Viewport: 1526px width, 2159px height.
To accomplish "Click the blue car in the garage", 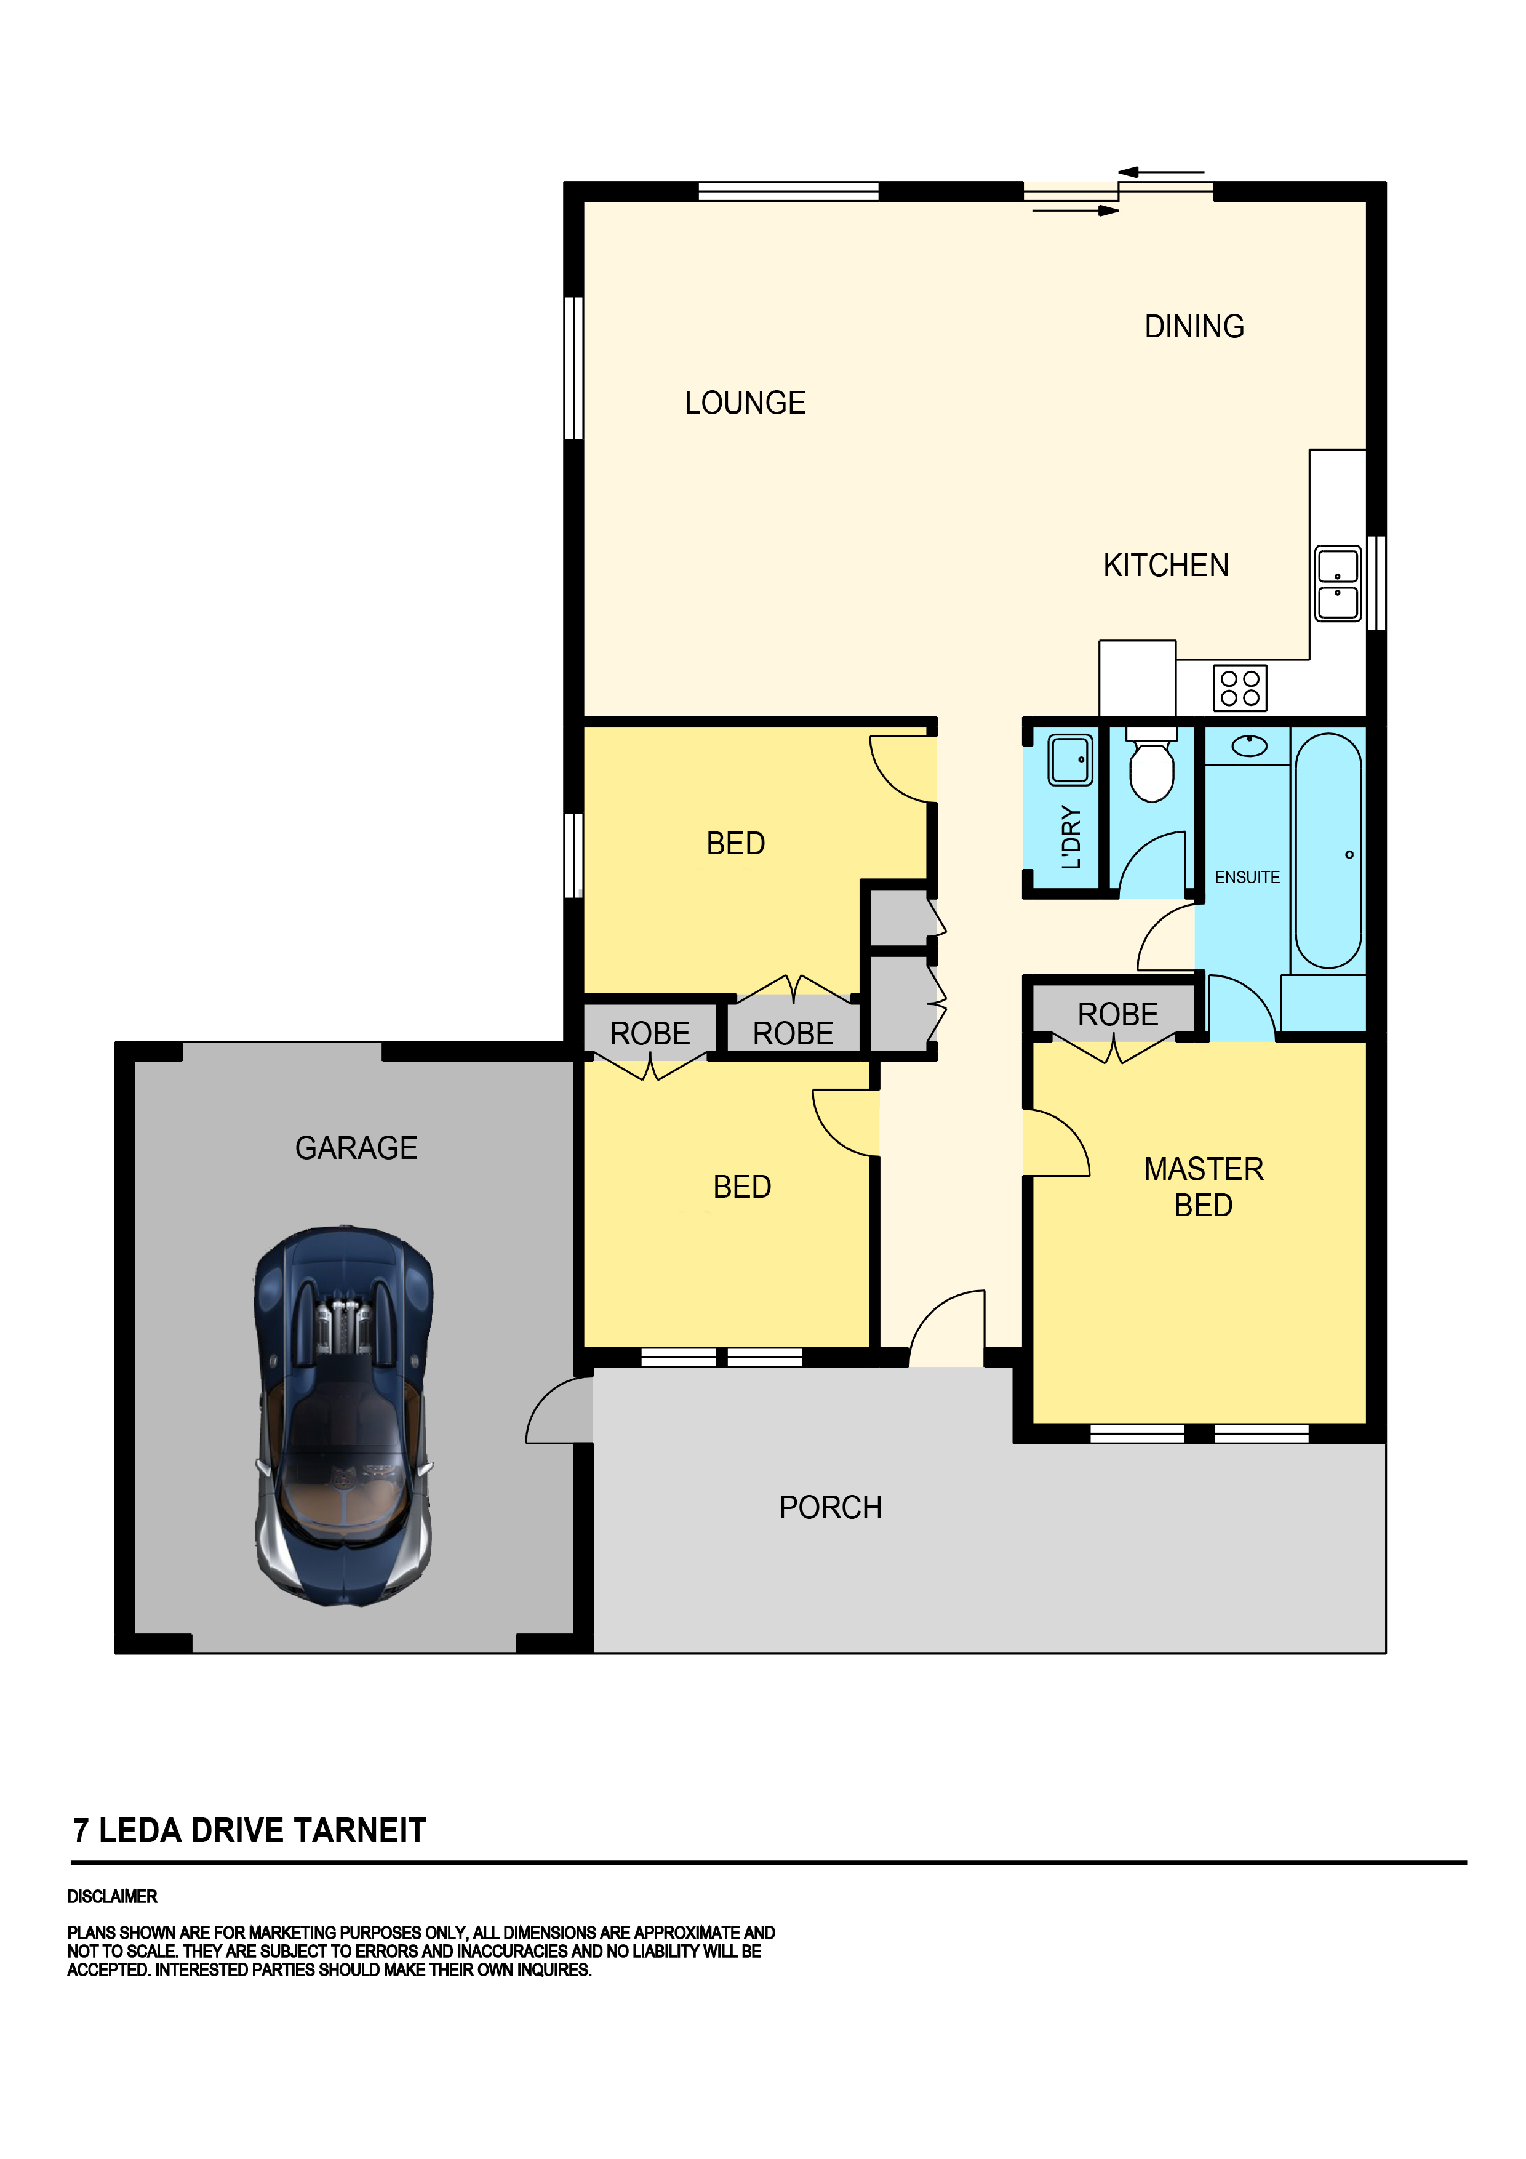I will point(343,1415).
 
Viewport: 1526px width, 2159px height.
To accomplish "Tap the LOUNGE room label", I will point(745,403).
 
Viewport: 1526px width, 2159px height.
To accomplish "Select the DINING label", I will point(1194,326).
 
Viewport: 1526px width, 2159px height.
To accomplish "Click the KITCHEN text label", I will point(1166,565).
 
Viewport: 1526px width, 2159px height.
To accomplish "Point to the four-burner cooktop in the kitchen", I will point(1240,687).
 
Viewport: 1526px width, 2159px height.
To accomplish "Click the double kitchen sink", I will point(1337,583).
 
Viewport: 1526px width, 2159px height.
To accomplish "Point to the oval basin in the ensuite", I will point(1248,746).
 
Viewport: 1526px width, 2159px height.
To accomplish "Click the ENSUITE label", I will point(1247,878).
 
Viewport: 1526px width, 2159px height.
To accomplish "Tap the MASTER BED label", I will point(1204,1187).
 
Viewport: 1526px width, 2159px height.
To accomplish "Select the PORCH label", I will point(830,1507).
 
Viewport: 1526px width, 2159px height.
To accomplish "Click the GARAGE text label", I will point(356,1148).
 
